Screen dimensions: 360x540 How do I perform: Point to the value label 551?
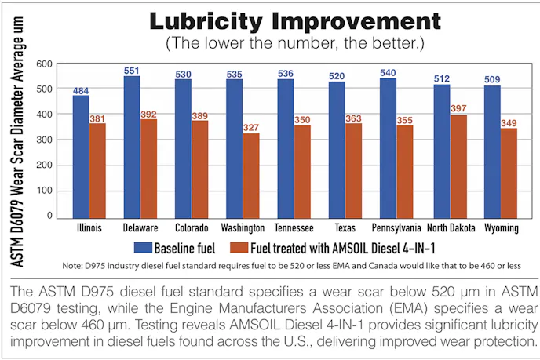pyautogui.click(x=132, y=71)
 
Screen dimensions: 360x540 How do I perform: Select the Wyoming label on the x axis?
pyautogui.click(x=501, y=228)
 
